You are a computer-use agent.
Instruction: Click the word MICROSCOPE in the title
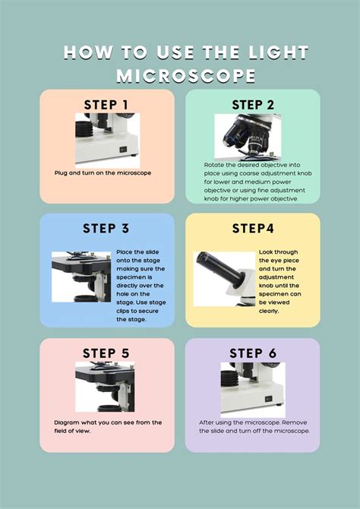pos(185,76)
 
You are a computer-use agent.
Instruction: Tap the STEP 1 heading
pos(106,105)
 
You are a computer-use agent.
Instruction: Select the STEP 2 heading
pos(253,105)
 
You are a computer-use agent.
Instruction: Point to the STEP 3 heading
pos(106,228)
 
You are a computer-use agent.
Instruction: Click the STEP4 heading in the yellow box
pos(253,229)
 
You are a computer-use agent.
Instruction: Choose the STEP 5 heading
pos(106,353)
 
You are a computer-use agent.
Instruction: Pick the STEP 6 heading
pos(253,353)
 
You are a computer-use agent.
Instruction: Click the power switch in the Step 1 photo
pos(123,150)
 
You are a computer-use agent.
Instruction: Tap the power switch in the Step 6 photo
pos(268,399)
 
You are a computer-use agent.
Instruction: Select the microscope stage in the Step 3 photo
pos(81,264)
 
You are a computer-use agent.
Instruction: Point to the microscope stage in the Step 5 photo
pos(105,375)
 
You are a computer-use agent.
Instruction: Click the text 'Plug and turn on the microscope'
pos(103,173)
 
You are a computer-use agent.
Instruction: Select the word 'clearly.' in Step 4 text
pos(269,311)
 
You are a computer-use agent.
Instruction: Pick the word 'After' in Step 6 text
pos(206,422)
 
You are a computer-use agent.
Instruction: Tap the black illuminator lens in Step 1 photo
pos(84,129)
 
